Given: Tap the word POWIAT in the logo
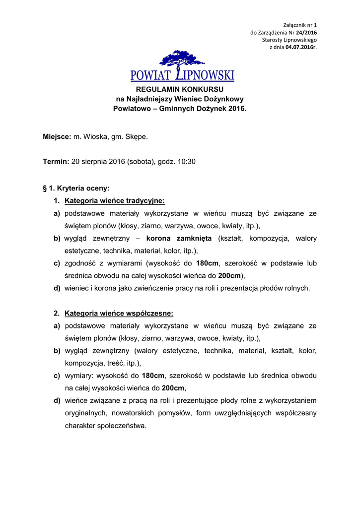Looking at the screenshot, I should point(150,76).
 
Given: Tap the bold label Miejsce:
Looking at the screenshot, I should point(57,136).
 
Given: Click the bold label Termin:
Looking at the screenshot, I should point(56,162).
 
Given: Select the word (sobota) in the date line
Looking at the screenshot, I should point(141,162).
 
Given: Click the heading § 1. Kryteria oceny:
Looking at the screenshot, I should point(76,188).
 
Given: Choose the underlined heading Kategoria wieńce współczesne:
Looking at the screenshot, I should point(119,314).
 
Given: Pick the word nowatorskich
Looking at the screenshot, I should point(127,413).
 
